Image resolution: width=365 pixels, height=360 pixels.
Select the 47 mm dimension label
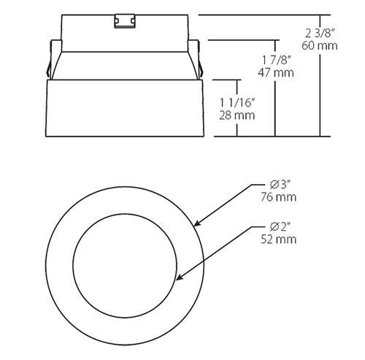click(x=277, y=72)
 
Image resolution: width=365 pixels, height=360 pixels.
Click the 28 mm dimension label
click(x=235, y=115)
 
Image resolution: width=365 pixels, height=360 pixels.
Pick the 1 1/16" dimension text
click(x=236, y=102)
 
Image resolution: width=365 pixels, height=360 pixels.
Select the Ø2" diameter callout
click(x=280, y=226)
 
